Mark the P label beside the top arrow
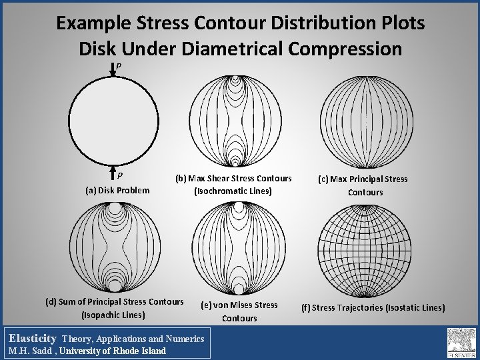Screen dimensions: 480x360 [118, 66]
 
